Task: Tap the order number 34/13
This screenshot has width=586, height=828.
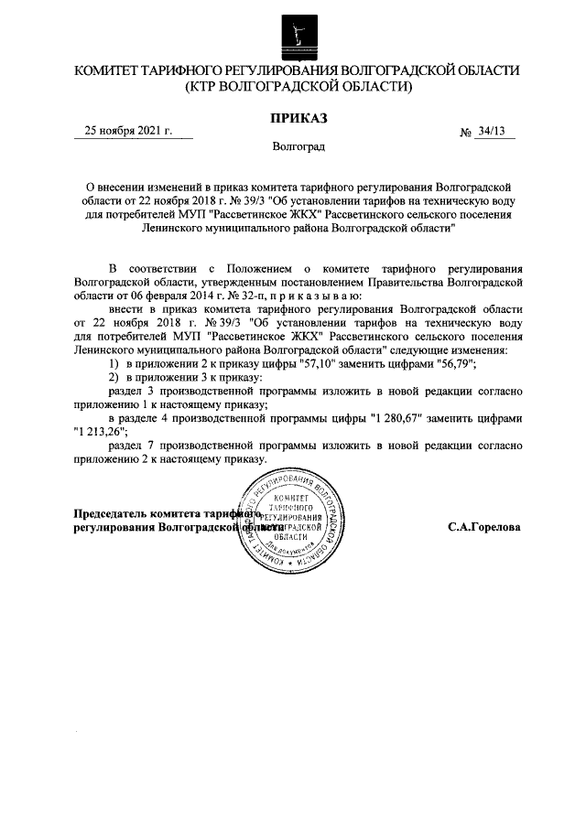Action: [x=492, y=133]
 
